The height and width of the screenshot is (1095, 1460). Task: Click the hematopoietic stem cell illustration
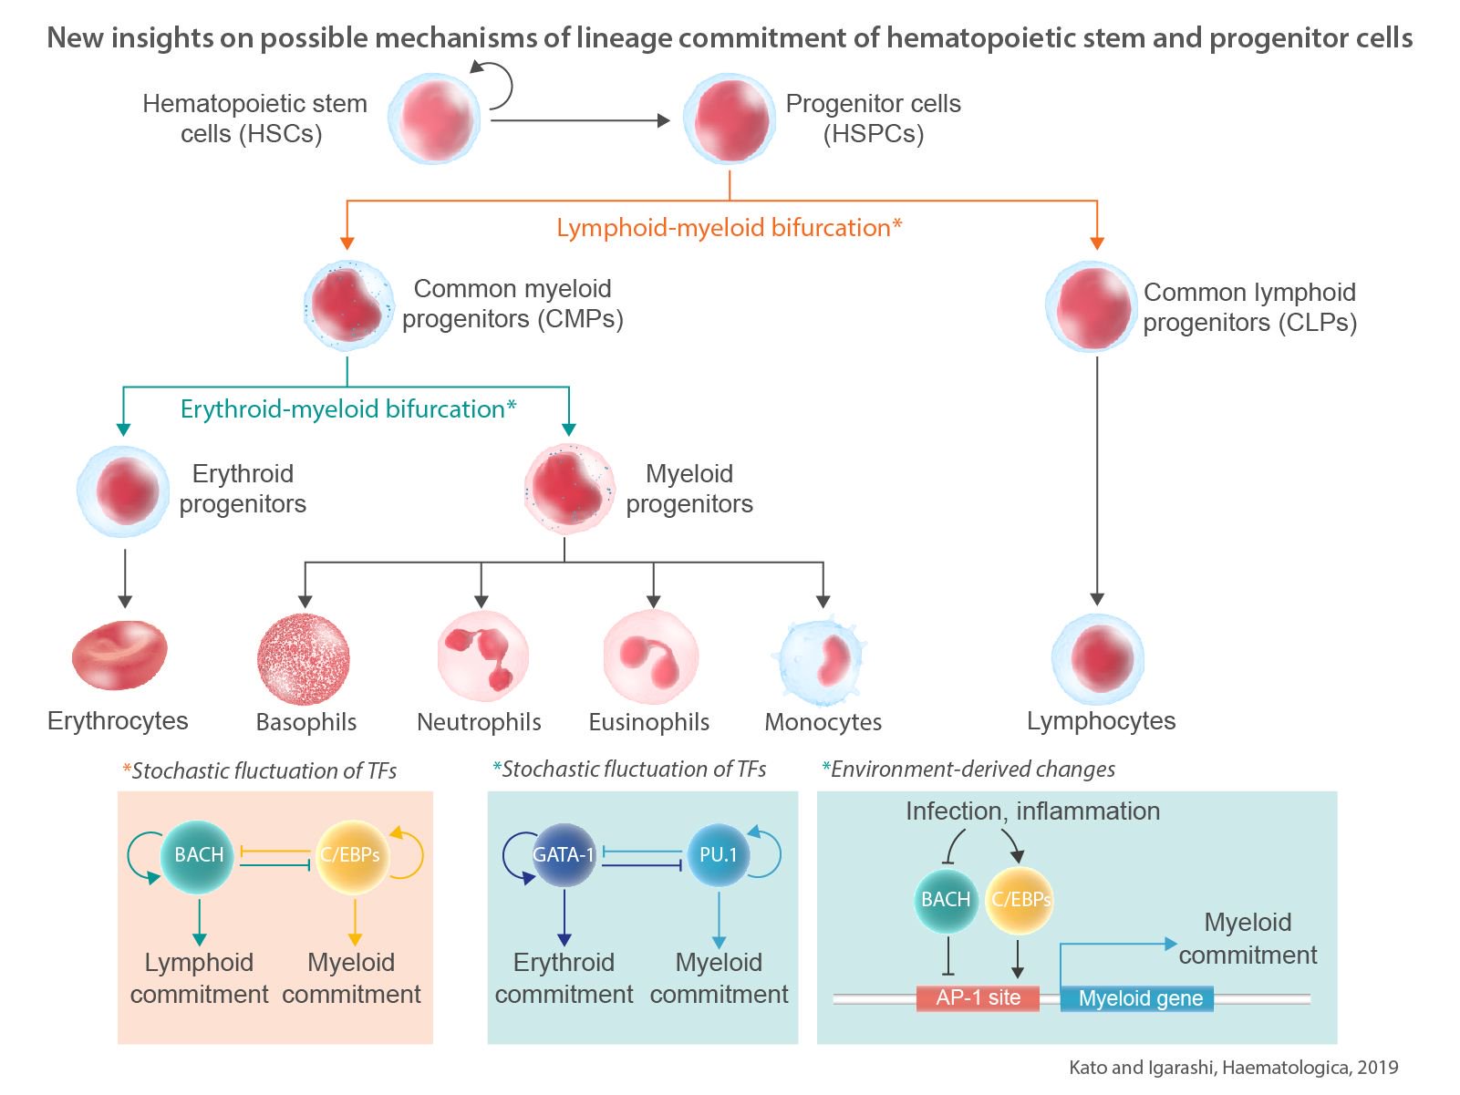(x=434, y=119)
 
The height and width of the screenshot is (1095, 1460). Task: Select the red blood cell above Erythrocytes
(x=119, y=656)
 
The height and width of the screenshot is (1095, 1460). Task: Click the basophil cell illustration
(x=304, y=659)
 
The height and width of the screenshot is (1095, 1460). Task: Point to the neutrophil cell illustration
(x=482, y=656)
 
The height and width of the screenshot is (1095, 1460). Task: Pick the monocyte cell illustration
(x=823, y=659)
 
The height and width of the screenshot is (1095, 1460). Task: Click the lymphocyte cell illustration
(x=1098, y=659)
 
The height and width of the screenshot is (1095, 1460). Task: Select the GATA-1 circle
(x=564, y=855)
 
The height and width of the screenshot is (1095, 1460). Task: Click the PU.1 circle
(x=718, y=855)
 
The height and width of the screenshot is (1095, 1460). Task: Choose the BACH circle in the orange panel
(x=198, y=855)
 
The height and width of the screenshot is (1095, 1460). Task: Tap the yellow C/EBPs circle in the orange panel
(x=350, y=855)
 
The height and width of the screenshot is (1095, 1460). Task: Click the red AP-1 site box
(x=978, y=997)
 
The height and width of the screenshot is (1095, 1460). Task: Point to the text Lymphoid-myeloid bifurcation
(x=729, y=228)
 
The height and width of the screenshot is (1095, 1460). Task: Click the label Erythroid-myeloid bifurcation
(x=347, y=409)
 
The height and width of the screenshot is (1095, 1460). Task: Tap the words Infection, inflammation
(x=1032, y=811)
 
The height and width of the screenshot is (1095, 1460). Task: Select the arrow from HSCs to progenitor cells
(x=580, y=120)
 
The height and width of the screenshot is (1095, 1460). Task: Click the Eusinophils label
(x=648, y=722)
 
